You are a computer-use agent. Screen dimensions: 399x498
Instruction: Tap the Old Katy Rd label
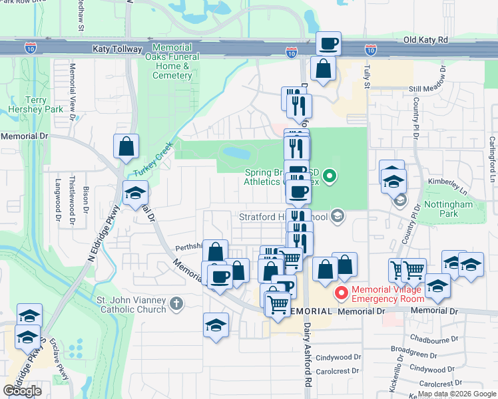tap(427, 41)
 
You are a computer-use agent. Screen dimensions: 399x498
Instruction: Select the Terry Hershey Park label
tap(27, 104)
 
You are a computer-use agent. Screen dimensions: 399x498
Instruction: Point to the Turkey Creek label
tap(153, 159)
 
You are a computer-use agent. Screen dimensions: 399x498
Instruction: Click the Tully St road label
tap(366, 77)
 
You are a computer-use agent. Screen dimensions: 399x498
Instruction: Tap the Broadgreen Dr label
tap(413, 350)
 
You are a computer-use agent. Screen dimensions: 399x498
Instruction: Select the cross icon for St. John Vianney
tap(176, 304)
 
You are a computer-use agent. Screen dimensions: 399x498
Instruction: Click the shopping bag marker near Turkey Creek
tap(125, 146)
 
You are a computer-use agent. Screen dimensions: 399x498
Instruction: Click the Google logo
tap(22, 391)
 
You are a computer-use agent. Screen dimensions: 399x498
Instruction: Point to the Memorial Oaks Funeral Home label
tap(172, 62)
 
